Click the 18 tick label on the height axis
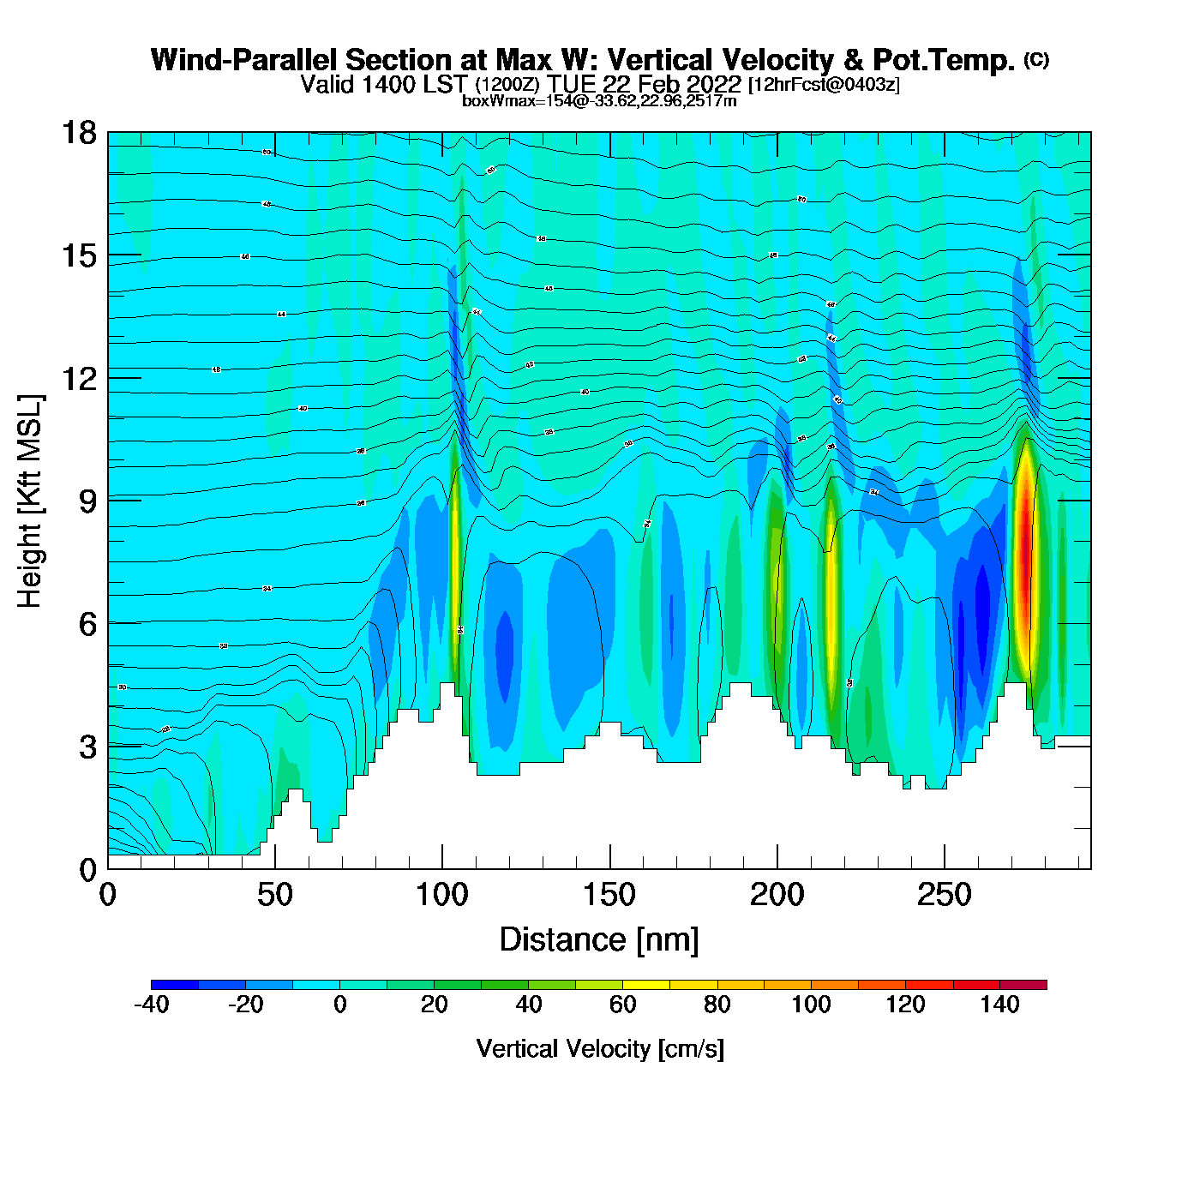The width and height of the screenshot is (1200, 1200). click(x=78, y=133)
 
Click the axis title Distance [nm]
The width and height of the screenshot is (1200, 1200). click(x=599, y=939)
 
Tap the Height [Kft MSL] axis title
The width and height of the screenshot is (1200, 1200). click(x=30, y=501)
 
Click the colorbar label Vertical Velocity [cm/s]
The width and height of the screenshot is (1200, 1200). click(x=599, y=1048)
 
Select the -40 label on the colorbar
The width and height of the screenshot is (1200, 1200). click(x=151, y=1005)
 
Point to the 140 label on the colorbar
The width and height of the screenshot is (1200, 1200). click(x=999, y=1005)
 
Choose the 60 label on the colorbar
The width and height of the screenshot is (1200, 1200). click(x=623, y=1005)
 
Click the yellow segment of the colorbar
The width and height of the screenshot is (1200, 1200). click(x=646, y=985)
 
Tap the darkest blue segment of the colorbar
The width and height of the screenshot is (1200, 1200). click(x=175, y=985)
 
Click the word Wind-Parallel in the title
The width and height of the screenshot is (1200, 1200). click(x=244, y=60)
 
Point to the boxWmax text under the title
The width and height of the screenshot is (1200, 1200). click(x=598, y=100)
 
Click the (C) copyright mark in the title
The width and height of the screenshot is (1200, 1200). click(x=1035, y=59)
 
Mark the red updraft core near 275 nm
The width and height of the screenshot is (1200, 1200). click(x=1025, y=557)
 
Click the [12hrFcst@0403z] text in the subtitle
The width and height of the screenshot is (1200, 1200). click(x=824, y=85)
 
